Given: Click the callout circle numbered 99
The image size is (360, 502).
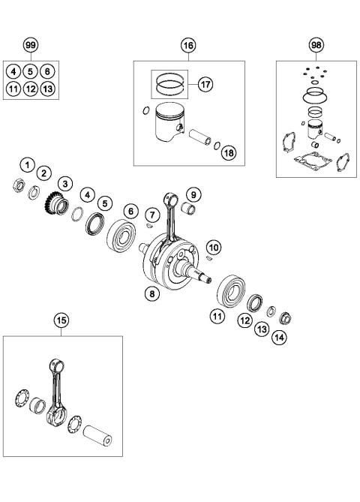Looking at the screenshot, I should (x=30, y=45).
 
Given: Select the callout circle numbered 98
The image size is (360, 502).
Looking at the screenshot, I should (x=316, y=45).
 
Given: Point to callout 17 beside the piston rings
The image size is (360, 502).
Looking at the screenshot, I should (x=205, y=85).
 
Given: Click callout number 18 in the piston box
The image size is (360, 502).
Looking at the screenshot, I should (x=228, y=152).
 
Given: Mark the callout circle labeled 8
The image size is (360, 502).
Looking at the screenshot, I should (x=152, y=293).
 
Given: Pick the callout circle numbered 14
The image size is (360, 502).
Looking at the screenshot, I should (x=280, y=338).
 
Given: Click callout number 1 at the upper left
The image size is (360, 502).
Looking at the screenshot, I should (x=27, y=164).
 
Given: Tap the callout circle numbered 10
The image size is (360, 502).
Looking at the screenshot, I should (x=214, y=246).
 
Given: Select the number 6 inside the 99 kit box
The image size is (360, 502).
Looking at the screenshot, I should (x=46, y=71).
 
